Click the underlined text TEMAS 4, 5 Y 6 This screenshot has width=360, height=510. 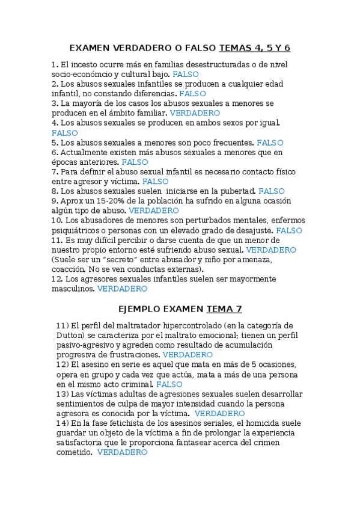(255, 48)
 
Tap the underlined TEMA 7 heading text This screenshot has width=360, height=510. (224, 309)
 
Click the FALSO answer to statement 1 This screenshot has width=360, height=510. (185, 74)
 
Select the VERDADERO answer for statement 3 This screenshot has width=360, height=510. (195, 113)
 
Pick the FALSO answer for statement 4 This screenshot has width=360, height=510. (65, 133)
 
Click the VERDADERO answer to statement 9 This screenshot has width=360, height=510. (154, 211)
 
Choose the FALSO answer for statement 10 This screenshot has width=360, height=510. (289, 230)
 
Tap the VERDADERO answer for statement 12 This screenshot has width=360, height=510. (122, 289)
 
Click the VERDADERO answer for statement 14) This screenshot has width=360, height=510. (122, 452)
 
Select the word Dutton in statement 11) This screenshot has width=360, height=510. (70, 335)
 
